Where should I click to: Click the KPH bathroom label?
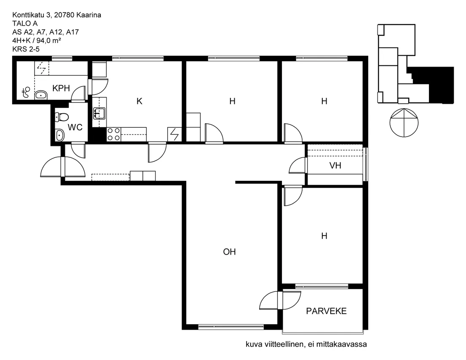(x=61, y=88)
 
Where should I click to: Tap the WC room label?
(x=75, y=127)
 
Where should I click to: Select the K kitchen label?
(x=139, y=101)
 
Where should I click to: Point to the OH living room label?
(x=230, y=252)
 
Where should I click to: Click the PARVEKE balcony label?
(x=326, y=311)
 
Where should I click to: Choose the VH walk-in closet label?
(x=335, y=165)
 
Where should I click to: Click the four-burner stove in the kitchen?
(x=113, y=134)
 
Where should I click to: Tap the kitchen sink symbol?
(x=99, y=113)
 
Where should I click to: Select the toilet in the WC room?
(x=62, y=117)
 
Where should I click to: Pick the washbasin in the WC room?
(x=60, y=136)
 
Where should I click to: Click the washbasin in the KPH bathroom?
(x=41, y=95)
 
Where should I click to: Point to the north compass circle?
(x=404, y=123)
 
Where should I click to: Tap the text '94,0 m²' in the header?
(x=49, y=40)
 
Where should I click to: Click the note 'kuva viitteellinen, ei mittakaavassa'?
(x=306, y=344)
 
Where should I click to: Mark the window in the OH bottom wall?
(x=231, y=327)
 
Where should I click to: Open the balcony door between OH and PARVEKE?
(x=280, y=301)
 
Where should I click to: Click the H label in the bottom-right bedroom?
(x=324, y=236)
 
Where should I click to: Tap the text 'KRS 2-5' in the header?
(x=26, y=49)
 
